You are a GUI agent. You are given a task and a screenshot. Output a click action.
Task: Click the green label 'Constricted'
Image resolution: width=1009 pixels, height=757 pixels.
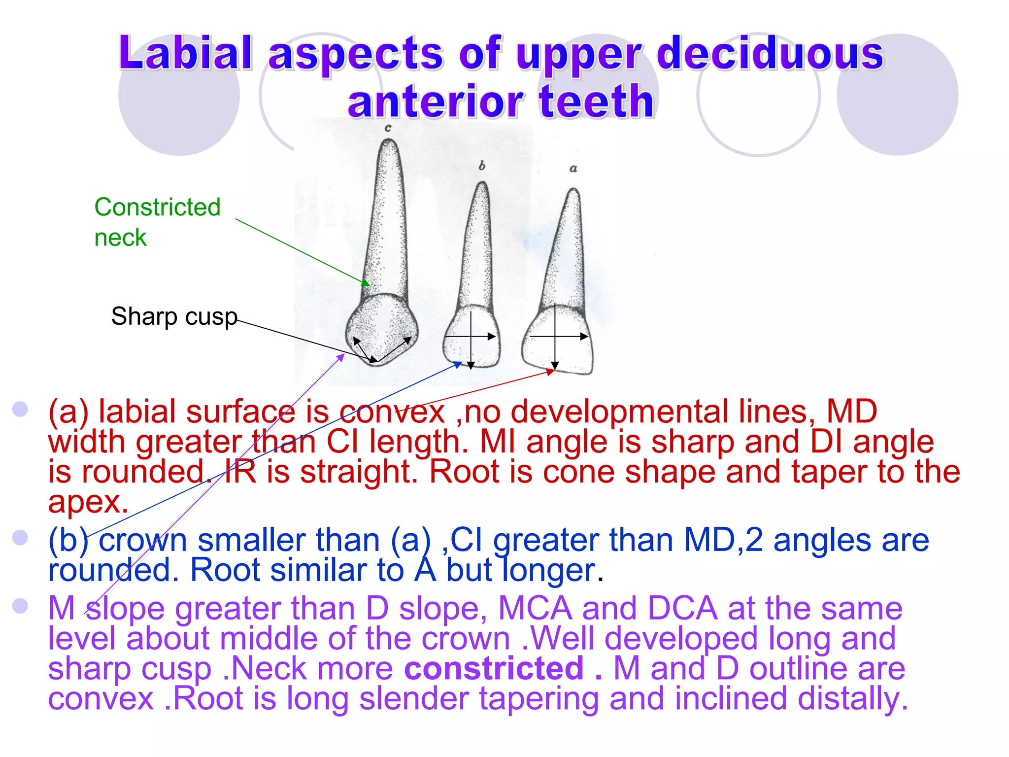157,207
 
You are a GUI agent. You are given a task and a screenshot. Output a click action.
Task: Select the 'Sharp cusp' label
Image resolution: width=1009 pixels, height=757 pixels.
174,316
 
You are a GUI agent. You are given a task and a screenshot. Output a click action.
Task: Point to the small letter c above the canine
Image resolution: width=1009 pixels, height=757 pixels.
388,128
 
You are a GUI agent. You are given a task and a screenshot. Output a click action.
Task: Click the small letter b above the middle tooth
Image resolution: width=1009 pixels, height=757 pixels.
482,166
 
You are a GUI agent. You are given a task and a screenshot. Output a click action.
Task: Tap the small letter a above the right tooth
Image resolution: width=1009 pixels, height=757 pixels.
573,169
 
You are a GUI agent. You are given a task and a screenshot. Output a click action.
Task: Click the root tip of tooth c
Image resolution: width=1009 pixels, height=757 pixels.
389,142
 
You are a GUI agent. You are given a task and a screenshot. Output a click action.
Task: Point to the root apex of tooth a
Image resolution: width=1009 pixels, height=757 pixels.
573,190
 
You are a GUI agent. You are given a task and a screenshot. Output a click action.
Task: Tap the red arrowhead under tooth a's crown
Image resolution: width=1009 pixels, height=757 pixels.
551,372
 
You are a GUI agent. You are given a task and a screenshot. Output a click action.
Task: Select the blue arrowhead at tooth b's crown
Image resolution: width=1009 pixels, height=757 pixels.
458,365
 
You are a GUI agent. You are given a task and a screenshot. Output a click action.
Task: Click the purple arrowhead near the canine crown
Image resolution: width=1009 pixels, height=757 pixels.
341,357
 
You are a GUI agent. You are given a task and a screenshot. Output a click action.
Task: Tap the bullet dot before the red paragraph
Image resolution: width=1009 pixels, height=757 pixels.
20,409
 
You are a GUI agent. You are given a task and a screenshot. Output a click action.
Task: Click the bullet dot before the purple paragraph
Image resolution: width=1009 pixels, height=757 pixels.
20,605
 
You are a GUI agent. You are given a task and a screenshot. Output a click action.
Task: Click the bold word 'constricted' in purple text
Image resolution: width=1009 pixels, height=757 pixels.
494,668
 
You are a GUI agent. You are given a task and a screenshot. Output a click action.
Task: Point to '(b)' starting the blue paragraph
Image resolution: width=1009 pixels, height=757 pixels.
68,540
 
